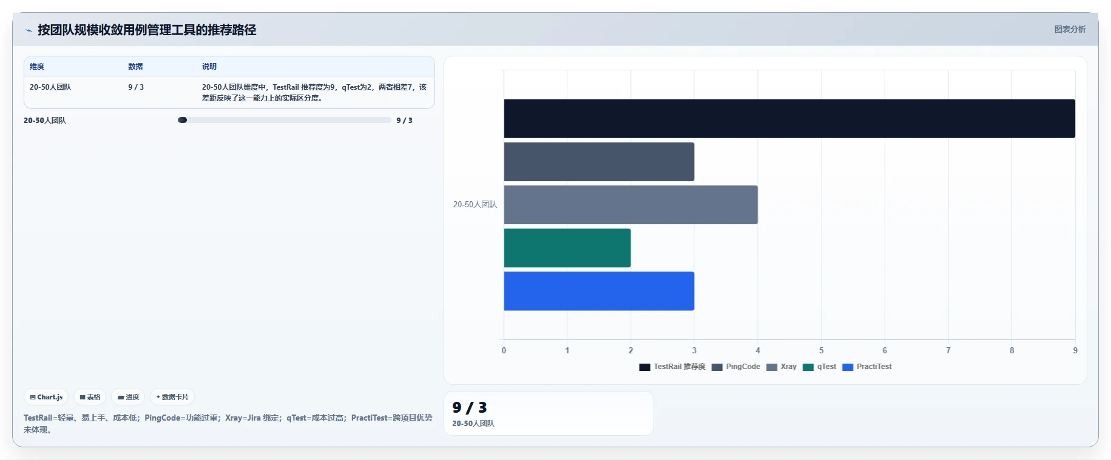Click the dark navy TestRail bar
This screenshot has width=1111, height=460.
pos(789,119)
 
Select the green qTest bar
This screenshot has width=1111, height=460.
pos(567,248)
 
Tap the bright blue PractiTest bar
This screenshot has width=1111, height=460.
pos(599,291)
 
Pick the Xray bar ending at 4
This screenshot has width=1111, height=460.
pos(630,205)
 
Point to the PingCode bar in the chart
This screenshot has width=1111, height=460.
pos(599,162)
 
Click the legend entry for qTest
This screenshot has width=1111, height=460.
pos(819,367)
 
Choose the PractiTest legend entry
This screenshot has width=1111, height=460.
pos(867,367)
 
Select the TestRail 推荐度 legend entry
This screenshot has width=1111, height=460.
pos(672,367)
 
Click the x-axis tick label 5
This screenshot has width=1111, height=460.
pos(822,350)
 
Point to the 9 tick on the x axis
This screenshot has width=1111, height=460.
pos(1075,350)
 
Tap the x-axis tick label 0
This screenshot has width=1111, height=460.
pos(504,350)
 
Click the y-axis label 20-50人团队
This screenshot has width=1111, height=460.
pos(475,205)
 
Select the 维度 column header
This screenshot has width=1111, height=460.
pos(37,67)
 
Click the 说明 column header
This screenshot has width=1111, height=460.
pos(209,67)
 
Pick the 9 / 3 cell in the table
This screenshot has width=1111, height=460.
pos(136,87)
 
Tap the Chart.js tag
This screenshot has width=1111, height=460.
pos(46,397)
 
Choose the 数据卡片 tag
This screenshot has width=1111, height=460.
pos(172,397)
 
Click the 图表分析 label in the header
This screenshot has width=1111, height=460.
pos(1070,29)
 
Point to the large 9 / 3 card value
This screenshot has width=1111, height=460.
pos(470,407)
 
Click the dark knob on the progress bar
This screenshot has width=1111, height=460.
pos(182,120)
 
